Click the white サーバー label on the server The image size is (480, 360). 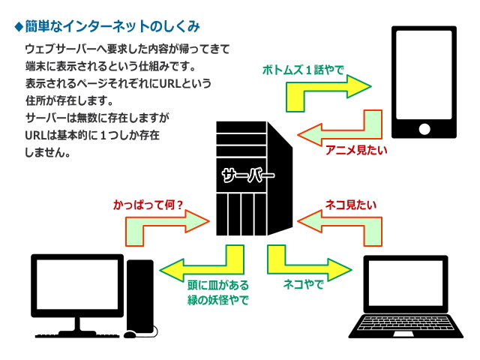(247, 177)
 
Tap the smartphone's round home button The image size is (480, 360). (424, 128)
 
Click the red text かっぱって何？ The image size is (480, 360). (148, 203)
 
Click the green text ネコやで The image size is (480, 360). (303, 285)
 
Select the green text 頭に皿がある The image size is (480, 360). (217, 285)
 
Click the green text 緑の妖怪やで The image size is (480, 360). (217, 300)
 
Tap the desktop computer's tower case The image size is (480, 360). (139, 297)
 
